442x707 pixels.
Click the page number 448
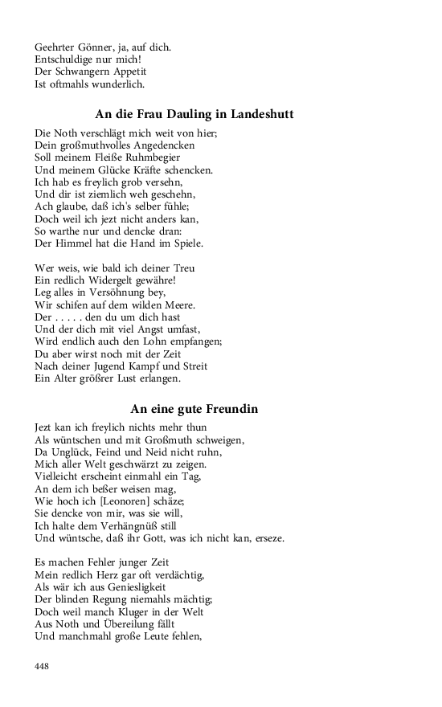43,665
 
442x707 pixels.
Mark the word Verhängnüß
138,525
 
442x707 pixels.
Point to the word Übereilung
124,624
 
